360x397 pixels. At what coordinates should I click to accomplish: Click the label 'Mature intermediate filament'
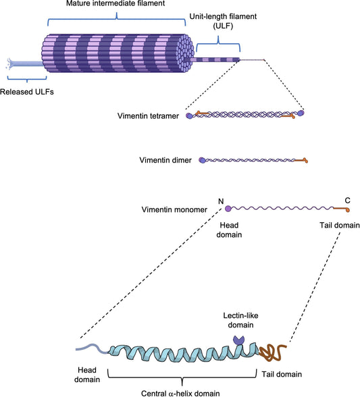[x=115, y=5]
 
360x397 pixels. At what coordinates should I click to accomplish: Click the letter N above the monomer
[x=220, y=201]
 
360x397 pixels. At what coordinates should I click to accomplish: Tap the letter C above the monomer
[x=347, y=201]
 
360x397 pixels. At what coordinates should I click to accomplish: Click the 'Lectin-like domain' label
[x=238, y=320]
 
